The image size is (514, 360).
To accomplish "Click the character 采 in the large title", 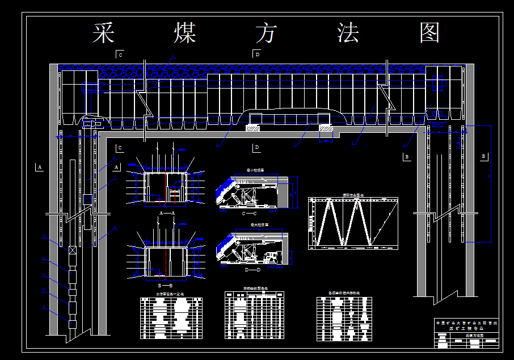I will tap(103, 34).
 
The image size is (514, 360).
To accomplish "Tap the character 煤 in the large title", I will tap(184, 34).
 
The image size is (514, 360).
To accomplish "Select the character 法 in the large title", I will tap(348, 34).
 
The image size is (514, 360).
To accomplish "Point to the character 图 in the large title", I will tap(430, 34).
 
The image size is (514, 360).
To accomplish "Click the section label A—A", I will tap(166, 212).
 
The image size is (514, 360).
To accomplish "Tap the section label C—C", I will tap(249, 214).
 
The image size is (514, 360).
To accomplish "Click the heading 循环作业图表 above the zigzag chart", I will tap(353, 195).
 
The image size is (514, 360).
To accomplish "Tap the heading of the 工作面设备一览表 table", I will tap(170, 294).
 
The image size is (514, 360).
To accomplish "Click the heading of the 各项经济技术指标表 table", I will tap(344, 294).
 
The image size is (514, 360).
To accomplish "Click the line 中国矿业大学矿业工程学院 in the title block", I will tap(466, 323).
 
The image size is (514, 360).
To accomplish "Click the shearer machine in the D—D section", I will tap(271, 257).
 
